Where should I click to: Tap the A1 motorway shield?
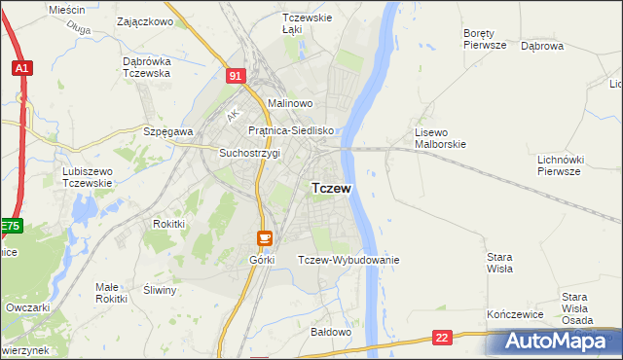click(22, 68)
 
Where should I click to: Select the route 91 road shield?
click(235, 75)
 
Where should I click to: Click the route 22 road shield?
click(443, 338)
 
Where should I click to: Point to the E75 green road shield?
click(10, 227)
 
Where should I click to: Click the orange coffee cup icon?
click(265, 236)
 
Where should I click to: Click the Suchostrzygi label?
click(250, 153)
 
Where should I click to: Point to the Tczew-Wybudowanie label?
click(348, 260)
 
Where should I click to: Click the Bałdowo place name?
click(330, 332)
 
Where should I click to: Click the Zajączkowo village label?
click(144, 20)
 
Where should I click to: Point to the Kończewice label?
click(514, 316)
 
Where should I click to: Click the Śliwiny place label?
click(160, 290)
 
